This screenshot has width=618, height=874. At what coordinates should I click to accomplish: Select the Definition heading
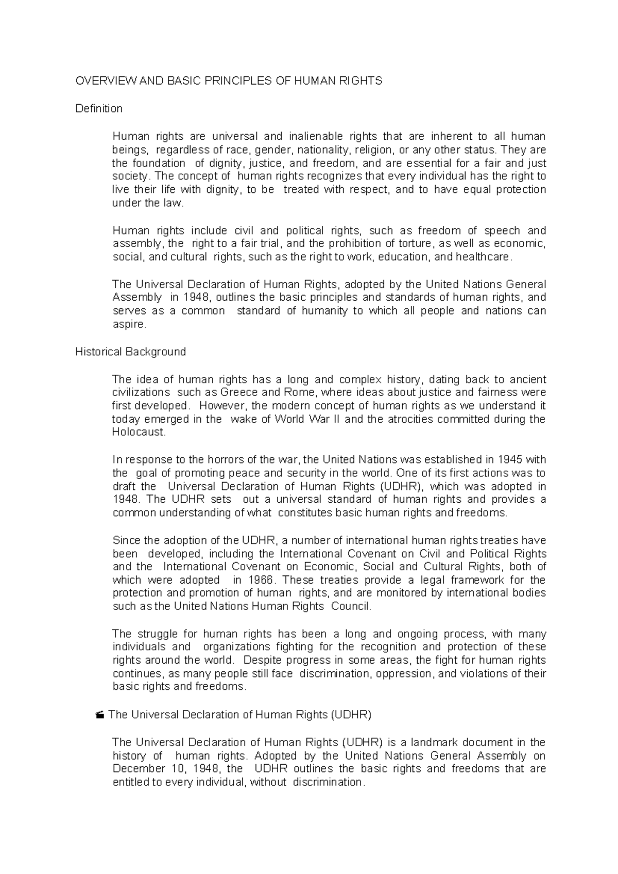click(99, 108)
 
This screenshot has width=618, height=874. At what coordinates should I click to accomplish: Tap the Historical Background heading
click(130, 352)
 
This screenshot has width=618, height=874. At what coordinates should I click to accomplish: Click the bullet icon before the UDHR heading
click(100, 715)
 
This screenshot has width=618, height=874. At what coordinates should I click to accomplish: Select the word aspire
click(129, 324)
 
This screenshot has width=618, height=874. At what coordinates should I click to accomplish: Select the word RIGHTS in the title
click(363, 81)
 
